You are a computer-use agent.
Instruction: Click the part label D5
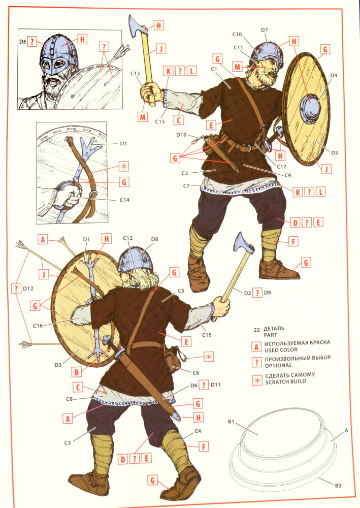tap(22, 42)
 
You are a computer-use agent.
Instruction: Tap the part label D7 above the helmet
tap(265, 30)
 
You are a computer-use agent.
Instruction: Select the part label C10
tap(237, 34)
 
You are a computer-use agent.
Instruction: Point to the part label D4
tap(334, 75)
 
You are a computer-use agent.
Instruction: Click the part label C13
tap(135, 74)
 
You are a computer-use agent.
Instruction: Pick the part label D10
tap(182, 135)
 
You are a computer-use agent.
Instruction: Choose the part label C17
tap(282, 167)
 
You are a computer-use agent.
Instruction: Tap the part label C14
tap(124, 200)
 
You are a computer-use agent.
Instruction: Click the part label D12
tap(28, 288)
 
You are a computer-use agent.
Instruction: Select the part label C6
tap(196, 373)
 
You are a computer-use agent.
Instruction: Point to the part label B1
tap(231, 422)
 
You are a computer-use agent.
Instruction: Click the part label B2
tap(338, 486)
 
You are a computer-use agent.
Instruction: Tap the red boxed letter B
tap(77, 372)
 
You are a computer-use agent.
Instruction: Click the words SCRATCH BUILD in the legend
tap(285, 382)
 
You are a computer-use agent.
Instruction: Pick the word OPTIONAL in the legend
tap(278, 365)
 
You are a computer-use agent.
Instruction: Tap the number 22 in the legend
tap(257, 330)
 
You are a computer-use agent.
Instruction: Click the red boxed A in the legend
tap(256, 347)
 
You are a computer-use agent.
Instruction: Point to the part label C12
tap(128, 238)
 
